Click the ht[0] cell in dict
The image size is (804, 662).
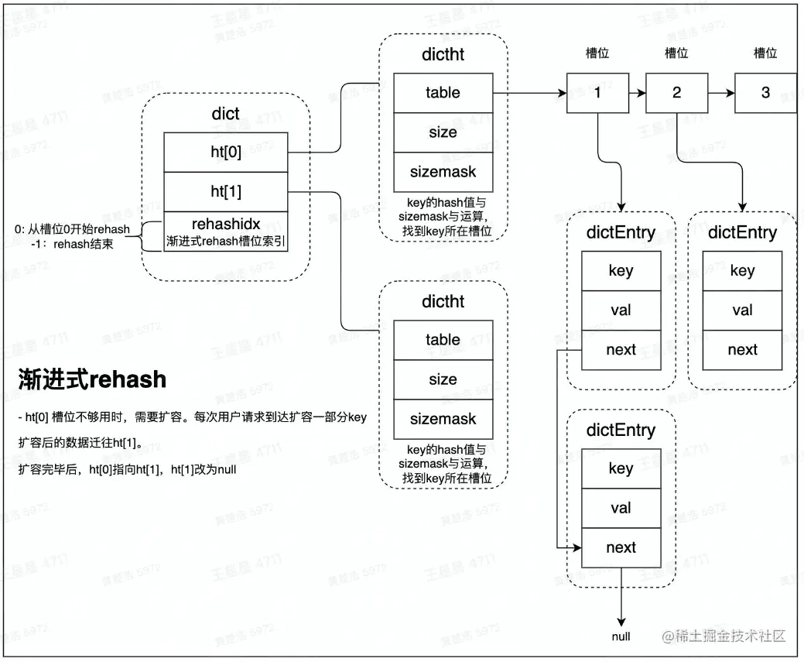coord(226,153)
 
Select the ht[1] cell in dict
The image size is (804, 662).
coord(226,191)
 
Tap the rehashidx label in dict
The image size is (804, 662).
coord(226,224)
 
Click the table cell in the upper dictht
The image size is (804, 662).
coord(443,93)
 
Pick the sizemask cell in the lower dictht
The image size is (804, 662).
coord(443,419)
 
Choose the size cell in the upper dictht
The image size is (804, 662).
coord(443,132)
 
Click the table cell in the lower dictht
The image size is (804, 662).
coord(443,340)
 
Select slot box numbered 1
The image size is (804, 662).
coord(597,93)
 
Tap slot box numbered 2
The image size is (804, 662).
coord(676,93)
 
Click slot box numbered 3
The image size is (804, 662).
coord(765,93)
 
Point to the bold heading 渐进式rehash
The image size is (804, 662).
coord(92,379)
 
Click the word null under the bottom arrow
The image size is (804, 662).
coord(621,636)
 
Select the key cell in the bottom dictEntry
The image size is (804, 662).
coord(621,468)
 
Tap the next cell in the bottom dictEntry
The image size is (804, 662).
coord(621,547)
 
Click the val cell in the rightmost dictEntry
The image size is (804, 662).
coord(742,310)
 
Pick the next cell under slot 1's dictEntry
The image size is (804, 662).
coord(621,350)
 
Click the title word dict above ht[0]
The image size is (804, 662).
coord(225,114)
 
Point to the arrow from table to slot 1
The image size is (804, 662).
coord(529,93)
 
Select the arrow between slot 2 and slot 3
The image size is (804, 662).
coord(721,93)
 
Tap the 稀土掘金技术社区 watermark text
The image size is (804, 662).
coord(729,636)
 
